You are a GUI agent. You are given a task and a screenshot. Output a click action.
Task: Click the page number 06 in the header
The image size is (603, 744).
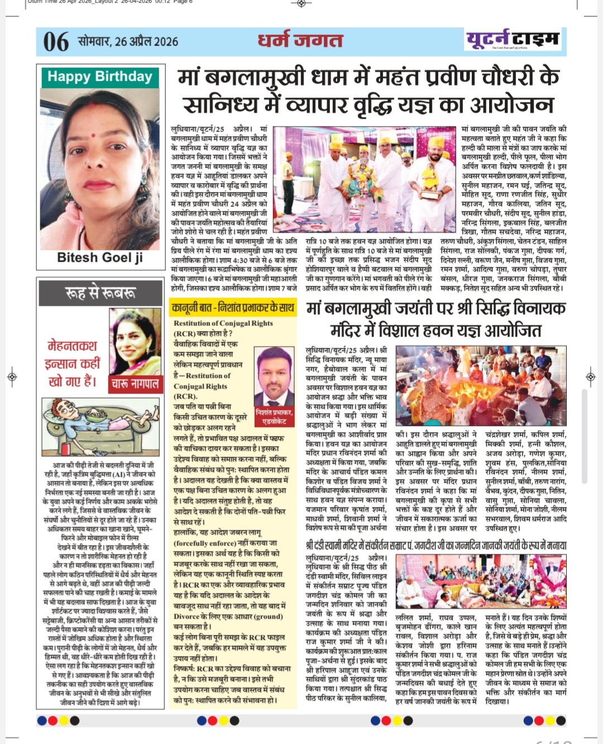56,42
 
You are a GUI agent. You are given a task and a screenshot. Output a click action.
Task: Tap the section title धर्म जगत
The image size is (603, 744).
300,41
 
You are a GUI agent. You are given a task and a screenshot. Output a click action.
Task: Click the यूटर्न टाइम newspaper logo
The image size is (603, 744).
513,40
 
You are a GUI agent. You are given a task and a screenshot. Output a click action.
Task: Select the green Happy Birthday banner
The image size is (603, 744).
100,77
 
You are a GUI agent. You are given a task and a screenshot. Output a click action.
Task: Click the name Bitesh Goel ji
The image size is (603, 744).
100,257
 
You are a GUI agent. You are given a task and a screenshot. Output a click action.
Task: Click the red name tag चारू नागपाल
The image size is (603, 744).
135,384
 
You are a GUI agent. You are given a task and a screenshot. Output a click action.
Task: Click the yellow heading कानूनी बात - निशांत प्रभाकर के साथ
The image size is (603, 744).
233,307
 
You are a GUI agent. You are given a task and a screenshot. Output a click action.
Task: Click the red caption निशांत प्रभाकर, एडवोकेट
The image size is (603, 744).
274,417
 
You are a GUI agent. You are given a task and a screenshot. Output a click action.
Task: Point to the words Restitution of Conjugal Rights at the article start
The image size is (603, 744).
223,323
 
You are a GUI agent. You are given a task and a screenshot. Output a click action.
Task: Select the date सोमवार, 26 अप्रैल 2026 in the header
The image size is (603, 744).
128,42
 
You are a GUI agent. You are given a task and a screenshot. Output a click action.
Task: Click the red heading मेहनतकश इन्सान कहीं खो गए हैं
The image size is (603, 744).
73,364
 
